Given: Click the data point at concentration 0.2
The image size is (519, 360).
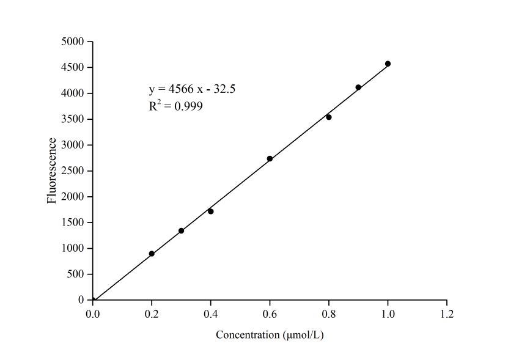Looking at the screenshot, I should tap(152, 254).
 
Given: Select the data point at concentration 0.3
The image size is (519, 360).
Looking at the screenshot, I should tap(181, 230).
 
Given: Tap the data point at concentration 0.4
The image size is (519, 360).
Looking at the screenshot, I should tap(211, 211).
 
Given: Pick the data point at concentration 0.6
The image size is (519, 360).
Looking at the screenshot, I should tap(270, 159).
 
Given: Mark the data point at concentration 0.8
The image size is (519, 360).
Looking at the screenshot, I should tap(329, 117).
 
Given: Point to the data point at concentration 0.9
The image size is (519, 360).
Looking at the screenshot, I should tap(358, 87).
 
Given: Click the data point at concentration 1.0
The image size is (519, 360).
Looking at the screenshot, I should tap(388, 64).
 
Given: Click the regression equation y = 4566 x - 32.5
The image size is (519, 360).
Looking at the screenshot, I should tap(192, 89).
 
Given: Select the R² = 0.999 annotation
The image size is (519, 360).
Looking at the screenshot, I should tap(175, 106).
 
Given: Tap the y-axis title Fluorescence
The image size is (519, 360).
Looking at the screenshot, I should tap(53, 171).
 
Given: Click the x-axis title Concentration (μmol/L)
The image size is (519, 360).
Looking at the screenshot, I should tap(270, 336).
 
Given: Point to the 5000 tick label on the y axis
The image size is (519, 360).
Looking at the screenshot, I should tap(73, 42).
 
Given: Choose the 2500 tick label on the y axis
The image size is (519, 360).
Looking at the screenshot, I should tap(73, 171).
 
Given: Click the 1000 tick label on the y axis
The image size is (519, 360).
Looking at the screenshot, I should tap(73, 249).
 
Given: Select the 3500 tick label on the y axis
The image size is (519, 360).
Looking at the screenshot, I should tap(73, 119).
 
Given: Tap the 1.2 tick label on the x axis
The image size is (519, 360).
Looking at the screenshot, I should tap(447, 314).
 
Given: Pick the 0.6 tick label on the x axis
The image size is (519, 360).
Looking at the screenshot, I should tap(270, 314).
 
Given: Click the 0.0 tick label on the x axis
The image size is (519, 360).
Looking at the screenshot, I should tap(93, 314).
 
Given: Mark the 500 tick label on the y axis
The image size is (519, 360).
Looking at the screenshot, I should tap(76, 274).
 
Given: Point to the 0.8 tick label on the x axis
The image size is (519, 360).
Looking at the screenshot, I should tap(329, 314).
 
